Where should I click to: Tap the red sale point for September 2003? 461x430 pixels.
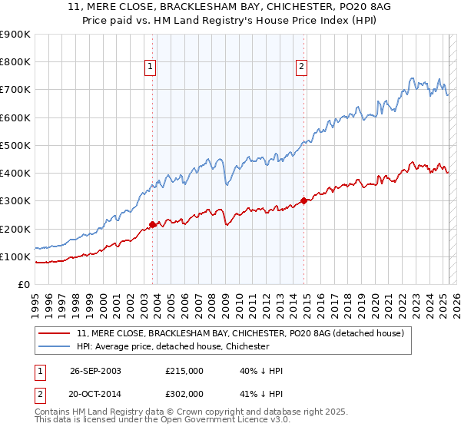pos(152,224)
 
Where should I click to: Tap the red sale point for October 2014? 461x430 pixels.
pos(303,200)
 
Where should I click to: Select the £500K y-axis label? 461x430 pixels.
pos(16,145)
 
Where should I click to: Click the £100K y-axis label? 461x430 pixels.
pos(16,256)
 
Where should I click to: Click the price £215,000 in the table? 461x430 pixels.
pos(184,371)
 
